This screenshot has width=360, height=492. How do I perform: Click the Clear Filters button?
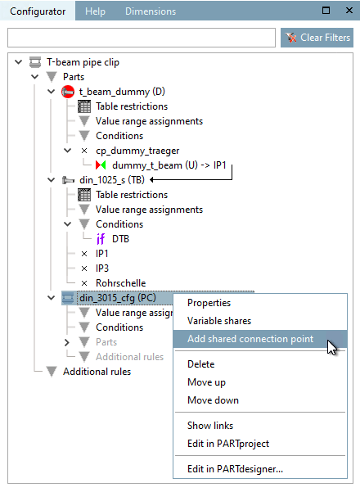(317, 38)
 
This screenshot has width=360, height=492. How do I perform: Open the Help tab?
(95, 11)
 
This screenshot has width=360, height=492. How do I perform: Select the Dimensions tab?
(151, 11)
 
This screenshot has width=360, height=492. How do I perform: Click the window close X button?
(349, 11)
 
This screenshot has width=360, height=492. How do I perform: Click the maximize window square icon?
(326, 11)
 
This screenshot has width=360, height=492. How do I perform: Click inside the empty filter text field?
(142, 38)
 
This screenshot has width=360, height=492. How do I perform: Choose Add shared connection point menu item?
(250, 339)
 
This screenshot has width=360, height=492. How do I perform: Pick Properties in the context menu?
(209, 303)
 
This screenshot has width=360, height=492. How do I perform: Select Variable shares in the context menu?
(219, 321)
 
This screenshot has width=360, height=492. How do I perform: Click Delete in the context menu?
(201, 364)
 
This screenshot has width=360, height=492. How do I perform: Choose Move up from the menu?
(206, 382)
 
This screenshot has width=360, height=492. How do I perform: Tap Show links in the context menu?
(210, 426)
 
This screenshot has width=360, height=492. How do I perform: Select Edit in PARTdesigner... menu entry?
(235, 469)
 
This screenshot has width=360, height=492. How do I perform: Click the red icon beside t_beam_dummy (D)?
(68, 92)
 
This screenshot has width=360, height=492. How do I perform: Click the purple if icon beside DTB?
(101, 239)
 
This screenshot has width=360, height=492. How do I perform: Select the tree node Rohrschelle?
(121, 283)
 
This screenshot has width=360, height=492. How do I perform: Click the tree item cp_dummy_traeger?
(137, 151)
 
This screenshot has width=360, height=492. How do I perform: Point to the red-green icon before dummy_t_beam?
(101, 165)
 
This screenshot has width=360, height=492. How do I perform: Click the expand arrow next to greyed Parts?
(67, 342)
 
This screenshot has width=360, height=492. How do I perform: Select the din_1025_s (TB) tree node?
(111, 180)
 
